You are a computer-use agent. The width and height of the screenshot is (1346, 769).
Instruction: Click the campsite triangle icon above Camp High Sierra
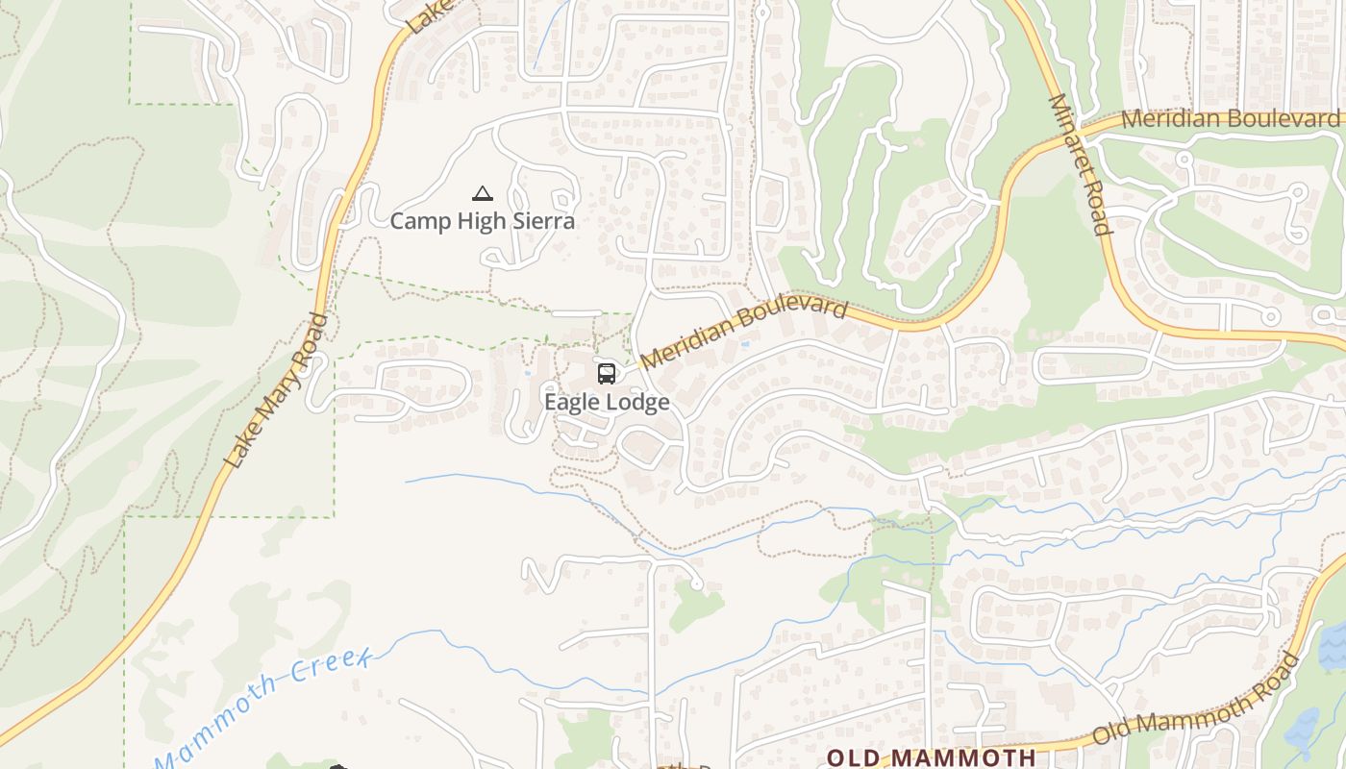click(483, 194)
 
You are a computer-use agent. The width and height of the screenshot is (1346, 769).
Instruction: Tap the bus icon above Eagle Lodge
click(607, 374)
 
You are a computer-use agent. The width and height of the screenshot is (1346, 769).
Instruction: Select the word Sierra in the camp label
click(542, 221)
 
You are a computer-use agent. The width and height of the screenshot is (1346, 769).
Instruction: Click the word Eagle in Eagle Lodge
click(571, 402)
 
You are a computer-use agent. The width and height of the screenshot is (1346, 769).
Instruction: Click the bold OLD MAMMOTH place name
click(931, 757)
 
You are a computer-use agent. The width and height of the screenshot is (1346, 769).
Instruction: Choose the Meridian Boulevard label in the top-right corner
click(1230, 118)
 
